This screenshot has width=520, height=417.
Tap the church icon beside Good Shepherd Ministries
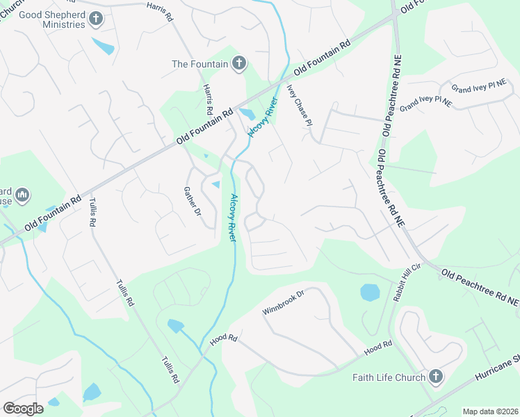pos(96,19)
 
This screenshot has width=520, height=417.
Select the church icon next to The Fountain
pos(238,64)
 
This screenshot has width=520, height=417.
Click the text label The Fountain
pos(200,64)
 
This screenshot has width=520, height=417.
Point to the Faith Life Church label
pos(393,377)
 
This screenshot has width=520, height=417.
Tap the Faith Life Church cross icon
pos(436,377)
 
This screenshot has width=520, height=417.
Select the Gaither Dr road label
pos(193,202)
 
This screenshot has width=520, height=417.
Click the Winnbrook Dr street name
pos(284,303)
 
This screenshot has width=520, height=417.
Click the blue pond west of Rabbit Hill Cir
pos(370,292)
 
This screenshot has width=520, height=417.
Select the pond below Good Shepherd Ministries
pos(104,47)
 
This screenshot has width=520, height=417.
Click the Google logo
pos(23,409)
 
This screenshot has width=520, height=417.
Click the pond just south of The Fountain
pos(247,114)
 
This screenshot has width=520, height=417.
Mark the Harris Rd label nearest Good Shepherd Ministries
pos(160,12)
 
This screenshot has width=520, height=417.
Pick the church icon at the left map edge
pos(22,195)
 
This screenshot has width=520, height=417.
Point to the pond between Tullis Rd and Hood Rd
pos(175,325)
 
